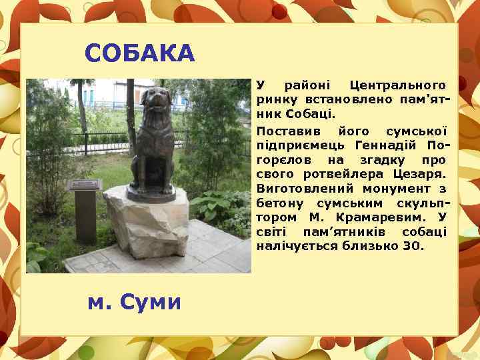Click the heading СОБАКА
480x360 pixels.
pos(140,53)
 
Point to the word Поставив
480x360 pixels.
pos(287,130)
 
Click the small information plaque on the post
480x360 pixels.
pos(87,185)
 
